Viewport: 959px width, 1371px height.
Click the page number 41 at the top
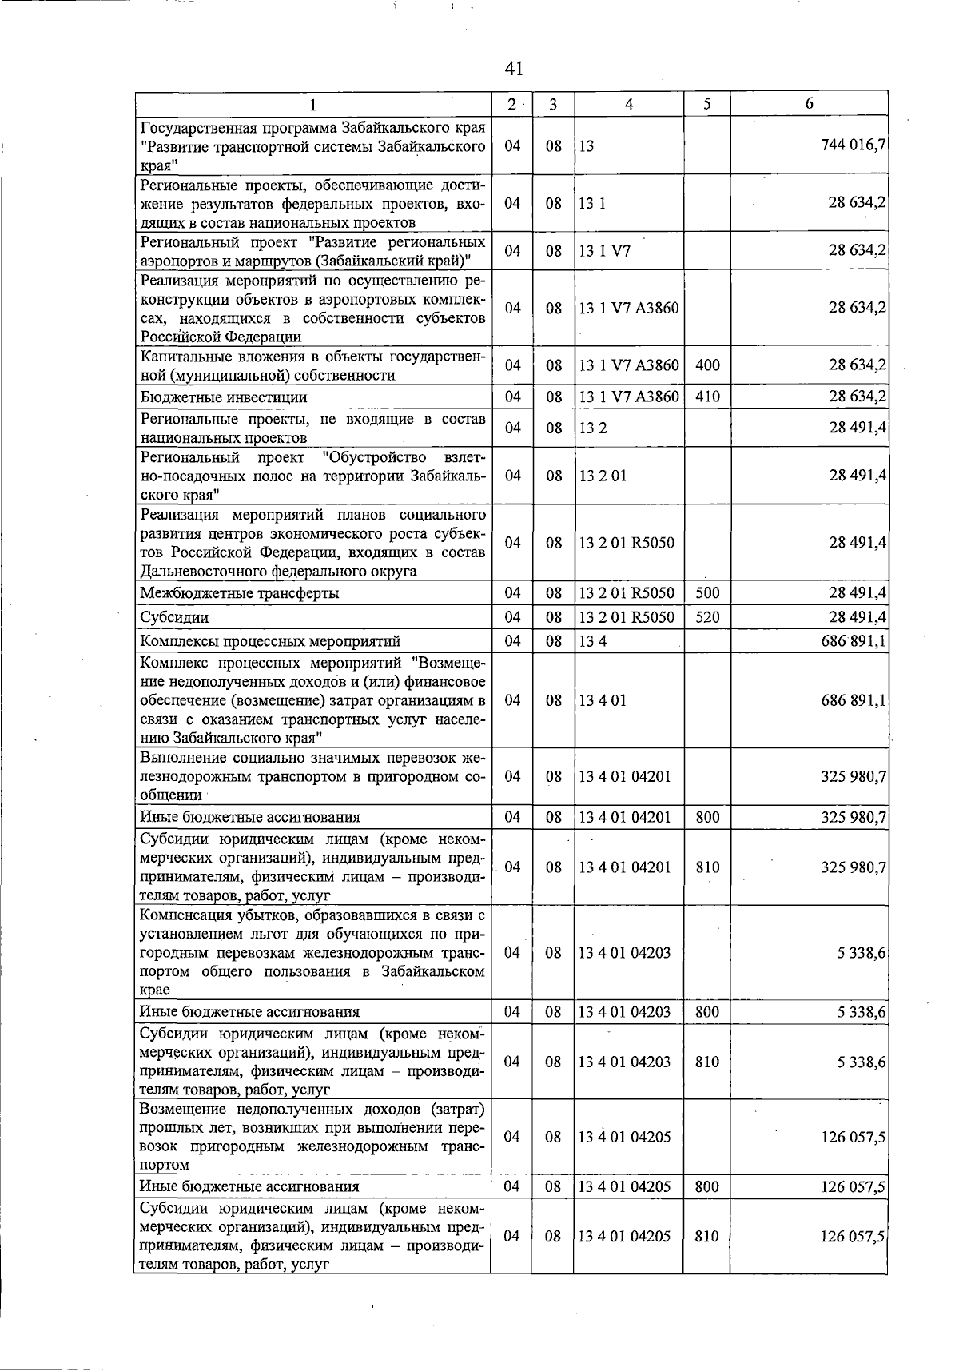(x=514, y=69)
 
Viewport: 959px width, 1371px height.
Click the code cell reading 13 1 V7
(x=605, y=251)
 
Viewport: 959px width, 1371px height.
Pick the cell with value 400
(x=707, y=365)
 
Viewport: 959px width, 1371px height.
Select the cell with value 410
(x=707, y=397)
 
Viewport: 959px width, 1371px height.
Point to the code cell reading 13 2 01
(x=603, y=476)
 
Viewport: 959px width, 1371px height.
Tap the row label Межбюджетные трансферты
(x=239, y=593)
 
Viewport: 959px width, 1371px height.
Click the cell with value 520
(x=707, y=617)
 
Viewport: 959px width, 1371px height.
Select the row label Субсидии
(x=173, y=618)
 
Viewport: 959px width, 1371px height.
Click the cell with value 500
(x=707, y=593)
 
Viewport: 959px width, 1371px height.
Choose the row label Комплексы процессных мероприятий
(x=270, y=641)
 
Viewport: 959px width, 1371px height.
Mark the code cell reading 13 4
(x=593, y=641)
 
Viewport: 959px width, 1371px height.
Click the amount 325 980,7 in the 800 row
(x=853, y=817)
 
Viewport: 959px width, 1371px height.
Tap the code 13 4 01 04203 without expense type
(x=625, y=953)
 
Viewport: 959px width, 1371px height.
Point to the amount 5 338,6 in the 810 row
(x=861, y=1062)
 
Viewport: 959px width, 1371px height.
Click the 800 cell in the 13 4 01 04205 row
(x=707, y=1187)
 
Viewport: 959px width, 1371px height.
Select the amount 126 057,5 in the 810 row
(x=853, y=1237)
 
